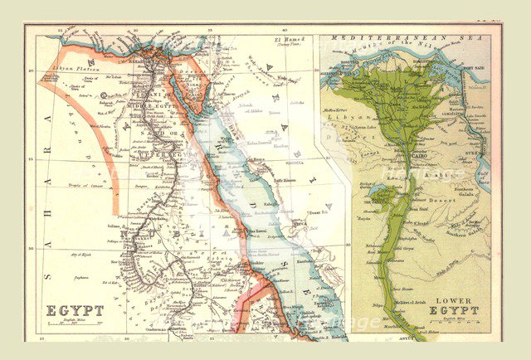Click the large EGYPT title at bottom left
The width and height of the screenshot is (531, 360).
[x=75, y=310]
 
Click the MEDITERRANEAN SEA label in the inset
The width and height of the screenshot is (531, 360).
[x=406, y=38]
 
